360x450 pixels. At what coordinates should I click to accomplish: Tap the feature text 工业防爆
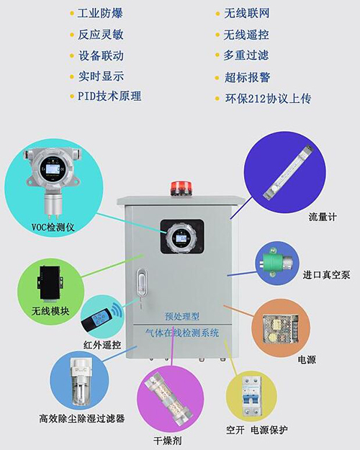[x=102, y=14]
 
